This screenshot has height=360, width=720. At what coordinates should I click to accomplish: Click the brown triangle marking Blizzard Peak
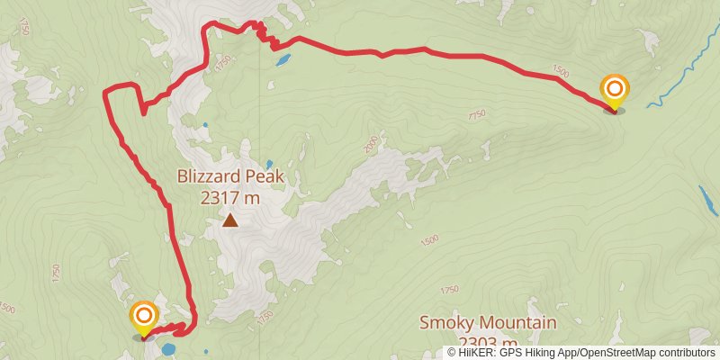point(230,220)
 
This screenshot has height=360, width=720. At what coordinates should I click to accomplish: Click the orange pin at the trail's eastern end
point(615,91)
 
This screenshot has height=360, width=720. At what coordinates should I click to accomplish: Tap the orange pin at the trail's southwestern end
point(144,318)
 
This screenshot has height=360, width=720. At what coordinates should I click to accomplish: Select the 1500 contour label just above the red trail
point(561,71)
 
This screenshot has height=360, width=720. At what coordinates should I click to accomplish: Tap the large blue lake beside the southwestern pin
point(168,349)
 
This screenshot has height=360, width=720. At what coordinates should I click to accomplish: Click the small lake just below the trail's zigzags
point(283,61)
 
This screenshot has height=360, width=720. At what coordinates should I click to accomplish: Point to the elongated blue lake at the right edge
point(708,201)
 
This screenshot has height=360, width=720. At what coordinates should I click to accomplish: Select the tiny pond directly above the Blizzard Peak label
point(268,164)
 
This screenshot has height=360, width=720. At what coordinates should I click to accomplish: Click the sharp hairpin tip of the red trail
point(143,112)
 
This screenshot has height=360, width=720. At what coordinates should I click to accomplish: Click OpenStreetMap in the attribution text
point(619,353)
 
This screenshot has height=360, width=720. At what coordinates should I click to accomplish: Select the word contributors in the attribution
point(689,353)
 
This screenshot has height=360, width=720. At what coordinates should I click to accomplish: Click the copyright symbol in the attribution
point(452,353)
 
